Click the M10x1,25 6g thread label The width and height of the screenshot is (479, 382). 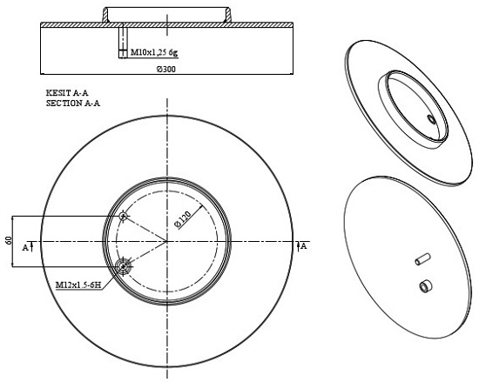coord(154,52)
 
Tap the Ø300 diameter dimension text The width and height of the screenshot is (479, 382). coord(166,70)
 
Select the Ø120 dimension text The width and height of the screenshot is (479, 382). coord(183,219)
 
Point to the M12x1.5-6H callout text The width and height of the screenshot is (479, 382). coord(78,285)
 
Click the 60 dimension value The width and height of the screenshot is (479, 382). coord(8,240)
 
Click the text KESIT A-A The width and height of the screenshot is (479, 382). coord(67,93)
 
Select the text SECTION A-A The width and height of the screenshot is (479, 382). coord(73,104)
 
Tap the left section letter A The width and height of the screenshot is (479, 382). coord(25,248)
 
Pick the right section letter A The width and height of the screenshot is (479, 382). coord(304,246)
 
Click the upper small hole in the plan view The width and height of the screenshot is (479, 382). coord(123,217)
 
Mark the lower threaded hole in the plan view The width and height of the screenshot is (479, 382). coord(123,267)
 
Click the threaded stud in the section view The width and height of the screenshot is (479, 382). coord(123,40)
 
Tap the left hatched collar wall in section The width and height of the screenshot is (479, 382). coord(105,15)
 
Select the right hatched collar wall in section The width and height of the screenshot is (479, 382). coord(227,15)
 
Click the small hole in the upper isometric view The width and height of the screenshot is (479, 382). coord(431,119)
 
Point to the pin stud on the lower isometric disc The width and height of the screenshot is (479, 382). coord(422,259)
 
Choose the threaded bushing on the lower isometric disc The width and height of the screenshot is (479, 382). coord(426,285)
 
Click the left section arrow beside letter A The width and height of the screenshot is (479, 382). coord(32,246)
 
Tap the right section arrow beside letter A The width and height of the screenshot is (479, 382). coord(298,246)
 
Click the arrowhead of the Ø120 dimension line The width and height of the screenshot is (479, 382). coord(200,207)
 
